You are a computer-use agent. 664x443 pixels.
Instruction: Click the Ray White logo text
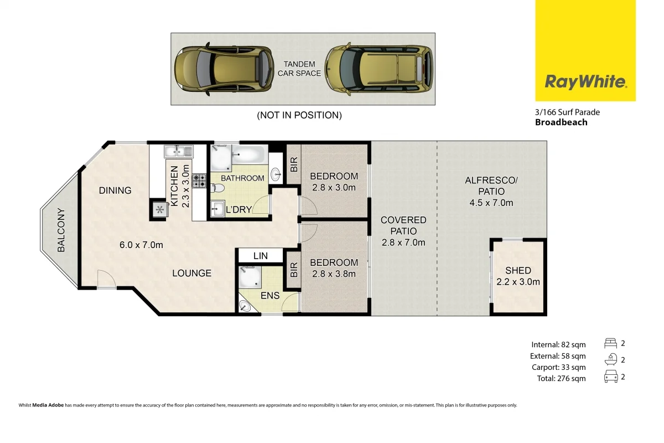[585, 83]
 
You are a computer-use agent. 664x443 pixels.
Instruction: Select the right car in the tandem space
[379, 69]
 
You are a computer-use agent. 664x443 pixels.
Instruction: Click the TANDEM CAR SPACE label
[299, 69]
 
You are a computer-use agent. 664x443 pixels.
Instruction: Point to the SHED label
[518, 271]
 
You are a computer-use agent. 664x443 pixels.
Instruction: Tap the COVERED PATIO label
[403, 226]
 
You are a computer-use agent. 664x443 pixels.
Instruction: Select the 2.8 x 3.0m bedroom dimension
[334, 188]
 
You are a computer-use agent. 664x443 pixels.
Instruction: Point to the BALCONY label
[61, 230]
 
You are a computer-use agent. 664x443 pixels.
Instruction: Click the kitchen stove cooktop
[199, 180]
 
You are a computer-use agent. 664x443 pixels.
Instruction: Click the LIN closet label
[260, 256]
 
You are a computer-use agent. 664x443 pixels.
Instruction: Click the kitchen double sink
[178, 151]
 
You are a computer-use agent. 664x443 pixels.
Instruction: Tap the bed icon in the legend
[611, 343]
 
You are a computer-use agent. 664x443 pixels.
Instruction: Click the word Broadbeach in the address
[561, 122]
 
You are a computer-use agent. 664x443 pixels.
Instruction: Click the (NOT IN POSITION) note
[299, 115]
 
